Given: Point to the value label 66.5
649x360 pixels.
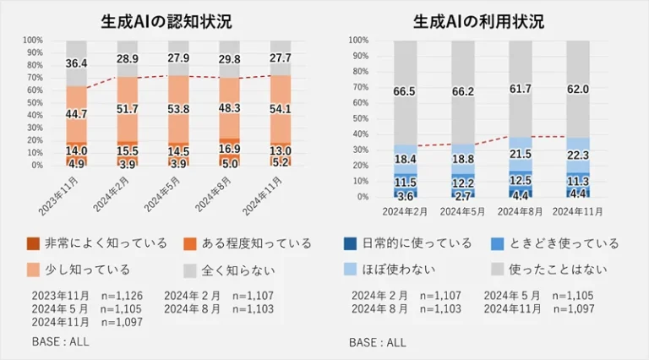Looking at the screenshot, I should (x=405, y=91).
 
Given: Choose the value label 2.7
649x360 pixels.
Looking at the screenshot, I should (x=462, y=196).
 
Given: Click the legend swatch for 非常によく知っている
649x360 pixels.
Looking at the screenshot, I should (x=33, y=243).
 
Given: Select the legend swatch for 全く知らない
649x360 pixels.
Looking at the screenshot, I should (x=190, y=270).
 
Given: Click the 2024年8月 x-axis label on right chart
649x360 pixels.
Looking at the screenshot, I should (x=521, y=209).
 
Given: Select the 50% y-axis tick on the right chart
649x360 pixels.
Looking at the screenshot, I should (x=357, y=118).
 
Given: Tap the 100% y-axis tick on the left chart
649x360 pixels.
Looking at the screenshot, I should (x=33, y=40).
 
